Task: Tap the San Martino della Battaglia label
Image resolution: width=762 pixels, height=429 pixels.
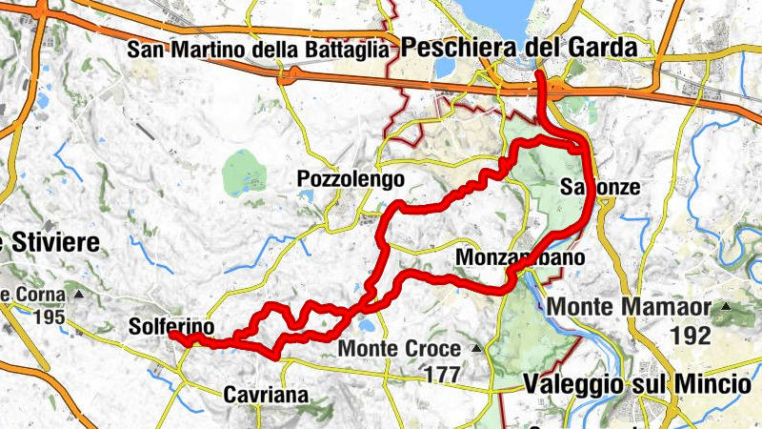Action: pos(257,49)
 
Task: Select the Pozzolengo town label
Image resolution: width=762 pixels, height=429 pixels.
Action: pos(350,178)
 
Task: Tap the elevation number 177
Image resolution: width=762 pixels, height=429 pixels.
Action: pos(442,374)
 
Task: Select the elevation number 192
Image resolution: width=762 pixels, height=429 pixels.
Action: pos(691,335)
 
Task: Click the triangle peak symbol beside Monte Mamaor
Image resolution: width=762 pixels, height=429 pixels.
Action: pos(726,307)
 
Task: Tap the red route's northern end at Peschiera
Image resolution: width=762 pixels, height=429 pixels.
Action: pos(540,74)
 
